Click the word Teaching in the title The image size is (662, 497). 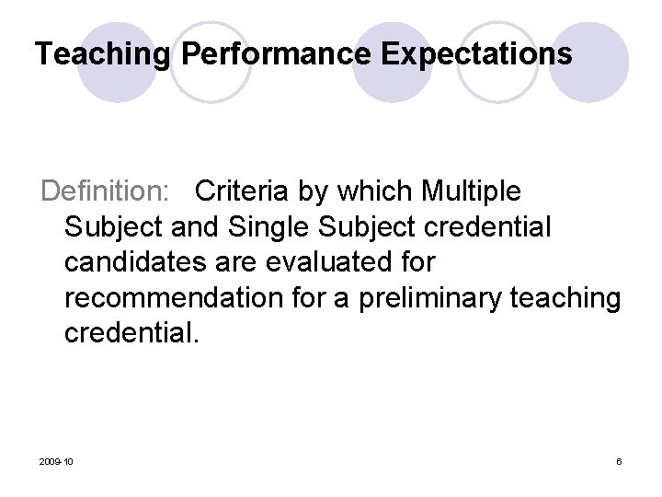[x=102, y=53]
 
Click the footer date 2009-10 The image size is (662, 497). [x=57, y=460]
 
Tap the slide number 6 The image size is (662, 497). [x=619, y=460]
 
